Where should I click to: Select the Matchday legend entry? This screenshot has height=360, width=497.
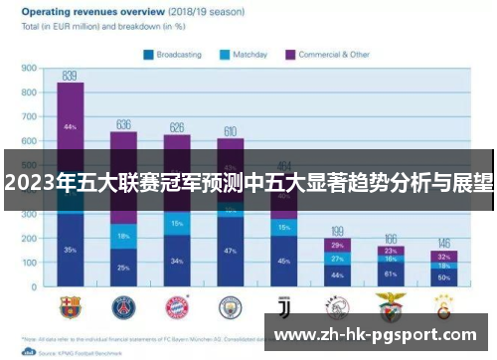click(x=245, y=55)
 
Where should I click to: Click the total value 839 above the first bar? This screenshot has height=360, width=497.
click(x=70, y=75)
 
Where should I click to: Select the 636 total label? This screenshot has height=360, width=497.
click(x=123, y=124)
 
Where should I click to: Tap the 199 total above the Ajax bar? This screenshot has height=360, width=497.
click(x=338, y=230)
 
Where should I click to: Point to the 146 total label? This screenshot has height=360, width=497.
click(x=444, y=243)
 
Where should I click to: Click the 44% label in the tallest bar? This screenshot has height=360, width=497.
click(x=70, y=127)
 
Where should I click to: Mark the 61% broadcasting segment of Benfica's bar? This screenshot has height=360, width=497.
click(x=391, y=274)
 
